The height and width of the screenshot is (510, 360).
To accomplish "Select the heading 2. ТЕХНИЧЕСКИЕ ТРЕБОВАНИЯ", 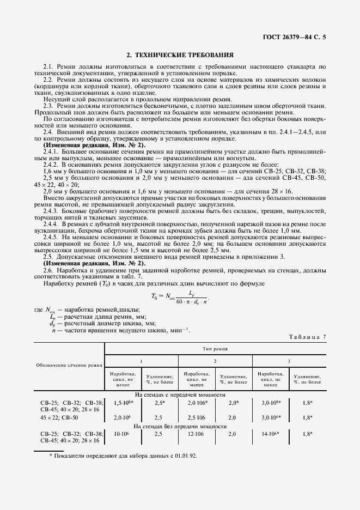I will (180, 55).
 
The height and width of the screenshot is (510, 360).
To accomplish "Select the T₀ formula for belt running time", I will (180, 297).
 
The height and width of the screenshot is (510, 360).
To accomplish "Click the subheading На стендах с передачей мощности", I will (180, 394).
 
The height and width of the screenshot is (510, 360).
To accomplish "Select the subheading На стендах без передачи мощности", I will (180, 426).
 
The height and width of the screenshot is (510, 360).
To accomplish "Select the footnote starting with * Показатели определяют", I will (123, 455).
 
